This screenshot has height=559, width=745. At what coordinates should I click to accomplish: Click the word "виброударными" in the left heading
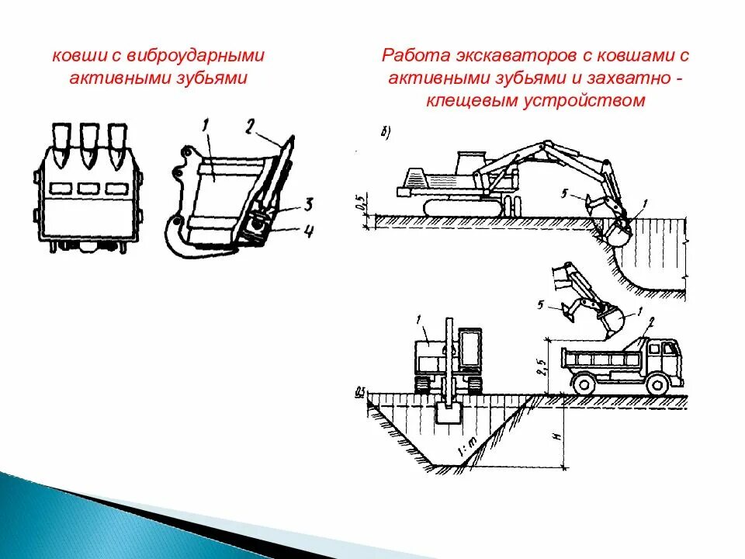203,56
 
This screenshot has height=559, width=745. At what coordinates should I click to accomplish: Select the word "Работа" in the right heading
411,56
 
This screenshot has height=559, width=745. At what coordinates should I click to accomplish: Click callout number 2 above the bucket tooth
249,125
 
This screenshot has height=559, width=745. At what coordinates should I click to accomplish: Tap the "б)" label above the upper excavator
386,131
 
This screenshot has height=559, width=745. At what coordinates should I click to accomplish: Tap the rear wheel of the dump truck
584,384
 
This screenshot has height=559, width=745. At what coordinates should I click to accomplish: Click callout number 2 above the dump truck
652,321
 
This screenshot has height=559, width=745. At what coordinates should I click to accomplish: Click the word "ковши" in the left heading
73,56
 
